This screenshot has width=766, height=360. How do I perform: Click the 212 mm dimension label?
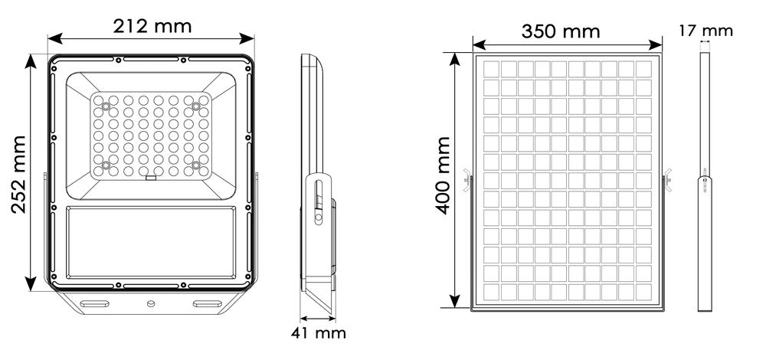pos(152,26)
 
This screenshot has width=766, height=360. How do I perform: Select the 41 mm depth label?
pos(319,333)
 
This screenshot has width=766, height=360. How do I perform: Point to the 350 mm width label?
pos(561,31)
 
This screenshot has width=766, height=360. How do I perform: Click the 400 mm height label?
pos(443,175)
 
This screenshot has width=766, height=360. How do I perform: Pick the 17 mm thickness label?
pos(705,31)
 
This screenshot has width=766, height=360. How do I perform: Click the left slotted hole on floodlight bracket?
pos(95,304)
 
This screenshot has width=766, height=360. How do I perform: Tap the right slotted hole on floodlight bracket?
pos(207,304)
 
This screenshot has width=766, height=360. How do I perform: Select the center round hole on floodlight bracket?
pos(151,304)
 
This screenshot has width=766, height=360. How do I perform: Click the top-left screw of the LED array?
pos(106,106)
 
